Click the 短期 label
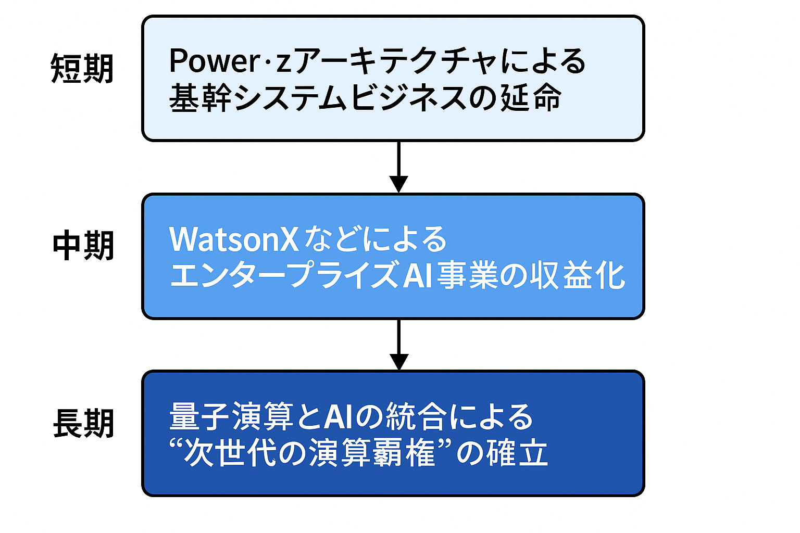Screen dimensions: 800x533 [82, 69]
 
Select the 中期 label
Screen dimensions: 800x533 [83, 246]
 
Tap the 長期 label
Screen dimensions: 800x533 [83, 423]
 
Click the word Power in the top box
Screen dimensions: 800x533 [214, 61]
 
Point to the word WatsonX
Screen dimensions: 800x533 [233, 239]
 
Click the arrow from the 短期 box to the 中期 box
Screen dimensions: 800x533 [398, 167]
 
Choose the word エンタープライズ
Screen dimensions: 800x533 [285, 275]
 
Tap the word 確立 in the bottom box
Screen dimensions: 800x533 [518, 452]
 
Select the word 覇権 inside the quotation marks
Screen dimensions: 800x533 [405, 452]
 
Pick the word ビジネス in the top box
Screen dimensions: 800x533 [408, 98]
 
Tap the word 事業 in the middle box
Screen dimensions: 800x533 [468, 275]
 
